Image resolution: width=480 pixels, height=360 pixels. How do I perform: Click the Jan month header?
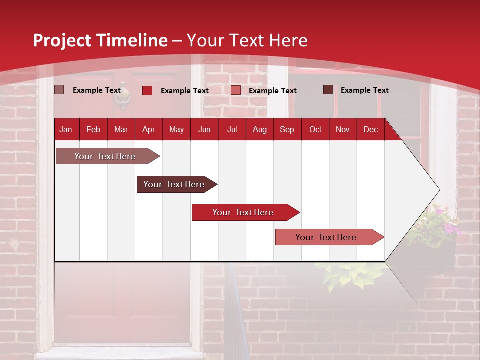[66, 130]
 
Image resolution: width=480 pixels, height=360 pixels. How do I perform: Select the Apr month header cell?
[148, 130]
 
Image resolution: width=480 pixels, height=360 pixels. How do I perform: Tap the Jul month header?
[232, 130]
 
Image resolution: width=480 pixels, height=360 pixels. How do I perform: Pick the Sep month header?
[287, 130]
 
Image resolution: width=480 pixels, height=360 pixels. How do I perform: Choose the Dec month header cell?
[370, 130]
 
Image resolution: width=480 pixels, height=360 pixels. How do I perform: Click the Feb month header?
[93, 130]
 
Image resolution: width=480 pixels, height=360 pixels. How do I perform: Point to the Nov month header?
[342, 130]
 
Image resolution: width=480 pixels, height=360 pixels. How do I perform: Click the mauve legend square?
[59, 90]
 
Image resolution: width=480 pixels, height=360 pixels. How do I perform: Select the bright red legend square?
[147, 90]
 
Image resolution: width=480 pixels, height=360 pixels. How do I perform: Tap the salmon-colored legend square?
[236, 90]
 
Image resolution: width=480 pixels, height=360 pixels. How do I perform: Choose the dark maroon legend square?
[328, 90]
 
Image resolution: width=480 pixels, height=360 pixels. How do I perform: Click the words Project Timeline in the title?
[100, 40]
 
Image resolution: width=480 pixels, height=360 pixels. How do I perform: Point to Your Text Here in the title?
[247, 40]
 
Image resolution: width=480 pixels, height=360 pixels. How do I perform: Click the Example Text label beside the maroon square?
[364, 90]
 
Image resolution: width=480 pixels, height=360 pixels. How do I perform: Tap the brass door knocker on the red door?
[122, 101]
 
